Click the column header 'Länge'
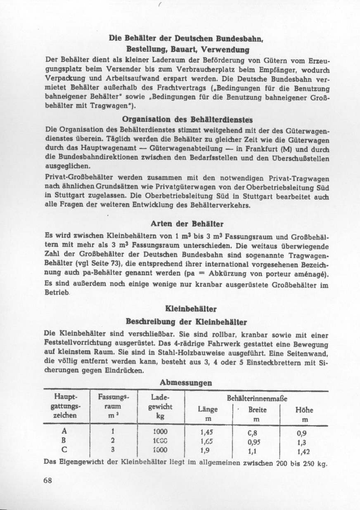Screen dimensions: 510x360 (x=208, y=410)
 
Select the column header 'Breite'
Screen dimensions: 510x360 (x=257, y=410)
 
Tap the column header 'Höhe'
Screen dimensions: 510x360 (x=304, y=410)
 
